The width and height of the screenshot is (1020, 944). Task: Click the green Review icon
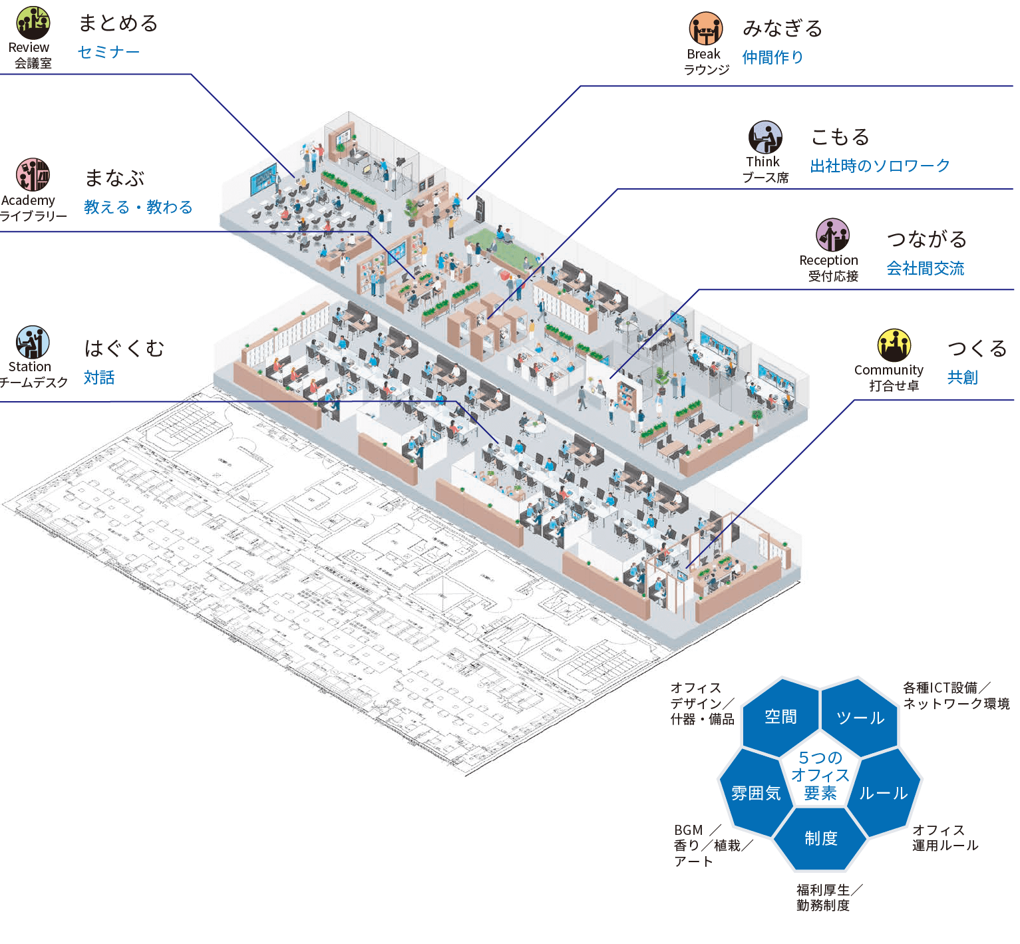(33, 23)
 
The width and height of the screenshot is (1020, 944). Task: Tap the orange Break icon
(705, 29)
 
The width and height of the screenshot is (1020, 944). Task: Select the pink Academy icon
(33, 175)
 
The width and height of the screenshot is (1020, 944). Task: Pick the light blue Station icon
(33, 343)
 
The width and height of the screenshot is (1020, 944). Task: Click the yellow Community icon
(894, 345)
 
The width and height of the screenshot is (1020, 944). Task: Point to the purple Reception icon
(832, 235)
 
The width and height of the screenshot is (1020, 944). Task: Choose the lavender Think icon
(765, 137)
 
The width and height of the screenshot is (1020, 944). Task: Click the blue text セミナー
(108, 52)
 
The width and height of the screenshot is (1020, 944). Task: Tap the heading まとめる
(118, 23)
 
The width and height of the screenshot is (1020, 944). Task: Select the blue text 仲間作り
(772, 57)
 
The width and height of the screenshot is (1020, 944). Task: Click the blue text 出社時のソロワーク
(880, 166)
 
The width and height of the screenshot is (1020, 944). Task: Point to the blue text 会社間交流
(925, 268)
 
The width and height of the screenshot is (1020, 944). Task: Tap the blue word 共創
(962, 377)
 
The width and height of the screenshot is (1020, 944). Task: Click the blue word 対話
(99, 377)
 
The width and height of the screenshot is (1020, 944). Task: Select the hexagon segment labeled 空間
(780, 716)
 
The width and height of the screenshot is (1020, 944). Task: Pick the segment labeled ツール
(860, 718)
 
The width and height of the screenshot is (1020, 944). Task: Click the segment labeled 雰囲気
(756, 793)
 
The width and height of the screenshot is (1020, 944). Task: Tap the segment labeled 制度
(820, 838)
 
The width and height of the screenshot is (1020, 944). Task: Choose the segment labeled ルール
(884, 793)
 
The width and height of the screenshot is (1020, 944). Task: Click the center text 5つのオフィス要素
(820, 776)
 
